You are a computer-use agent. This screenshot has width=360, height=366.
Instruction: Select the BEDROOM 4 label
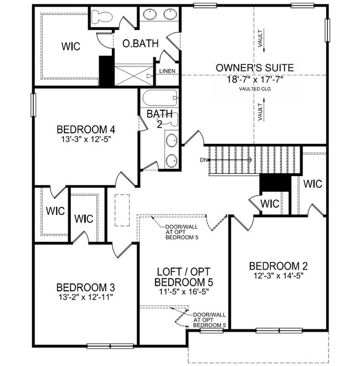click(86, 130)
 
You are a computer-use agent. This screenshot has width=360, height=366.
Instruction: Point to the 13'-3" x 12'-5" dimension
click(86, 140)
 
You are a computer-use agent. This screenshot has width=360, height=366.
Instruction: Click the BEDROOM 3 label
click(86, 287)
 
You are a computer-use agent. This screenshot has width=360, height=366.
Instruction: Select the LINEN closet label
click(167, 71)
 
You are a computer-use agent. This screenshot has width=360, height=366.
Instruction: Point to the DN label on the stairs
click(204, 161)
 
